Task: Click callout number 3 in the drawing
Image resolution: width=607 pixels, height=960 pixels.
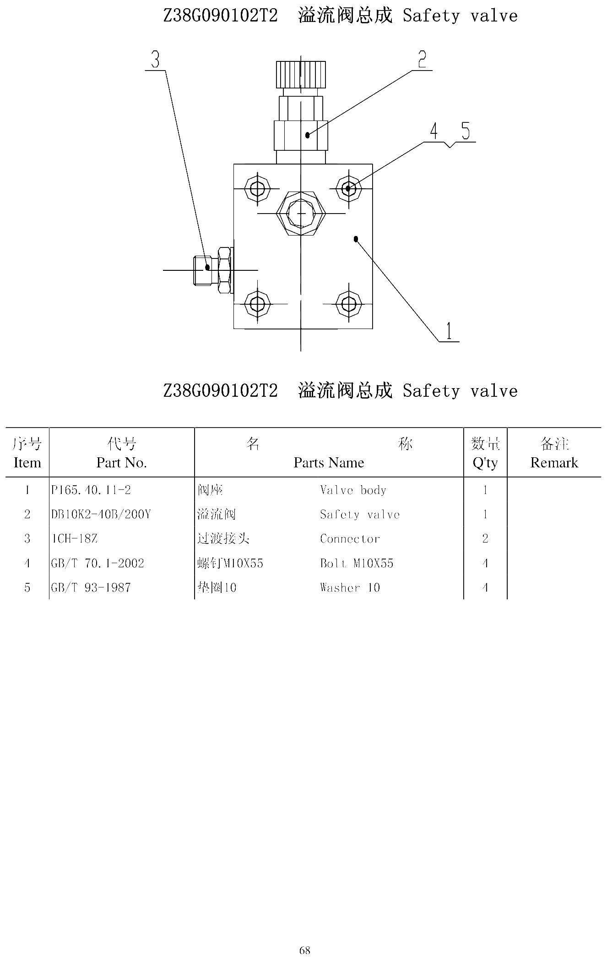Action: click(x=156, y=60)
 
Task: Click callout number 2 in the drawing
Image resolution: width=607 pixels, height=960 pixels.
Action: click(x=422, y=60)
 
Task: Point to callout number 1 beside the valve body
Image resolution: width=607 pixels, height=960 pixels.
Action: click(x=449, y=331)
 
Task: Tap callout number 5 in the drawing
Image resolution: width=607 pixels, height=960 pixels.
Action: click(x=466, y=132)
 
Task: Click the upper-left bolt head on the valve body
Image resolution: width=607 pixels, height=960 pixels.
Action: click(x=257, y=188)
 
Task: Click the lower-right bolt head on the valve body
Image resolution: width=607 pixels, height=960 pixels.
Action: click(x=349, y=303)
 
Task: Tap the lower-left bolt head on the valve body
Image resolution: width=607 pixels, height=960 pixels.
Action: click(x=257, y=303)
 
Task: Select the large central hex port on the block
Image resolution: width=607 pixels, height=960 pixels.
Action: click(x=301, y=214)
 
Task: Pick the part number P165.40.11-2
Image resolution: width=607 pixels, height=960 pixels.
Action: click(x=91, y=490)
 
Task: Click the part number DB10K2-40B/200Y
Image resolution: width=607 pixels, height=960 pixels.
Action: click(x=101, y=515)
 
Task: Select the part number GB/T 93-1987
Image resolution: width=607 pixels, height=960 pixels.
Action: click(x=91, y=587)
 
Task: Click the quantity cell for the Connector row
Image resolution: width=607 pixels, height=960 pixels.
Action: click(x=485, y=539)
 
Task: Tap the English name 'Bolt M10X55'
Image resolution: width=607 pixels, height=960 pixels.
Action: click(x=357, y=563)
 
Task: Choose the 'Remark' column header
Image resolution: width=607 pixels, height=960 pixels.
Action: click(x=554, y=463)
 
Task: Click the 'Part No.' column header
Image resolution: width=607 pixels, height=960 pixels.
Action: click(x=121, y=463)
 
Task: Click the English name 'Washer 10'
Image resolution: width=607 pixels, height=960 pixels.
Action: click(x=350, y=587)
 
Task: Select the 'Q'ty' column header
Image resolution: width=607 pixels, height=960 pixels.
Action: click(x=485, y=463)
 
